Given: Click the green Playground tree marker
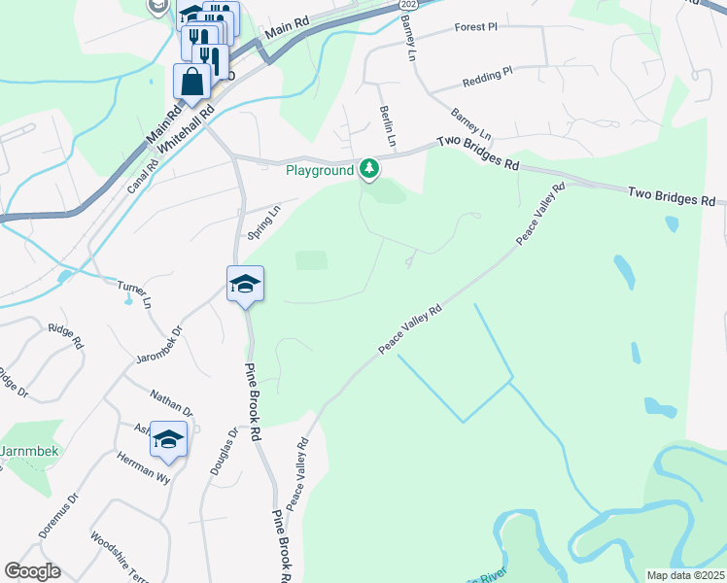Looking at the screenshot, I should click(368, 170).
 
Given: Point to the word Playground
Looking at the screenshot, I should click(319, 171).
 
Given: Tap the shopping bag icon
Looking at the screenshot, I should click(191, 81).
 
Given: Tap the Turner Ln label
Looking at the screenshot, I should click(134, 294).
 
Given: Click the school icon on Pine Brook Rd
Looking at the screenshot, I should click(245, 284).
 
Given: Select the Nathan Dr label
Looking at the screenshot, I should click(171, 402).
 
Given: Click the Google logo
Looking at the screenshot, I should click(32, 571).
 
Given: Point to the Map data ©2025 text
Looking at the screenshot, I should click(685, 575).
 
